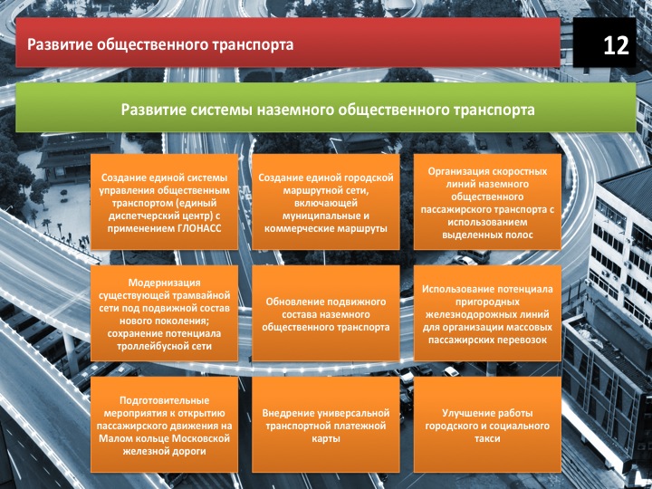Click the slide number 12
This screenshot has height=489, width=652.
[616, 45]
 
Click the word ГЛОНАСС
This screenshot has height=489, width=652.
[198, 229]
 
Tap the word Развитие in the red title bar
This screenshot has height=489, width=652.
[60, 44]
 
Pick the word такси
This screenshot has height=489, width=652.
[487, 438]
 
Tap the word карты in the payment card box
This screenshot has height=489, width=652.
[326, 438]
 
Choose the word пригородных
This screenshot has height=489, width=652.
[487, 302]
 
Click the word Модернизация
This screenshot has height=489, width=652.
[164, 283]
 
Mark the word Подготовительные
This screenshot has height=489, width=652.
[164, 400]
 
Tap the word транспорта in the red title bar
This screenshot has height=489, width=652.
[253, 45]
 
